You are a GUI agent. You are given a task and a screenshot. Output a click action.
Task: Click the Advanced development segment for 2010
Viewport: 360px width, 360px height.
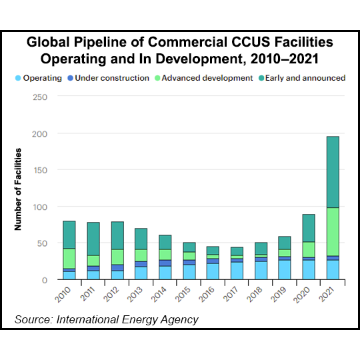[69, 258]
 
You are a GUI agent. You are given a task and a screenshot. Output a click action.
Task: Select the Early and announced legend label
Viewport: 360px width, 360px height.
[307, 78]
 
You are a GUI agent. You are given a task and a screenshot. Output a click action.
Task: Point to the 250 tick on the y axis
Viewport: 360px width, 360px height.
[41, 97]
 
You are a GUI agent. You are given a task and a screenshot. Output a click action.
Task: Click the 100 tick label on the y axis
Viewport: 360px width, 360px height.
[41, 207]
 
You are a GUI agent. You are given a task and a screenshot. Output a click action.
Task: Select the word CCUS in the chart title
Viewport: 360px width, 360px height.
[239, 42]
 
